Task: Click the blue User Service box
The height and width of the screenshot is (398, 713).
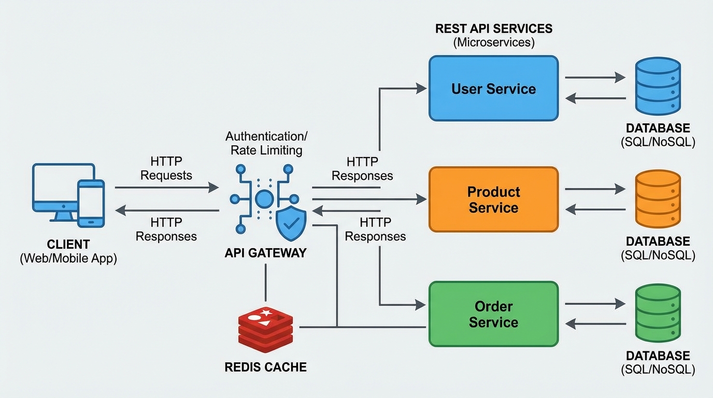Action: click(493, 89)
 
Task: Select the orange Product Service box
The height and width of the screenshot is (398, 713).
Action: click(493, 200)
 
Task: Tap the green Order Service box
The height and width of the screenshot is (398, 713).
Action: click(493, 314)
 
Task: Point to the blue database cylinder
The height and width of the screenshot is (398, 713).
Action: click(658, 86)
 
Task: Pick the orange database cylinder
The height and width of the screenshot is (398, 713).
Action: click(658, 199)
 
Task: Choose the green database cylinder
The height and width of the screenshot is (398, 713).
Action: click(658, 314)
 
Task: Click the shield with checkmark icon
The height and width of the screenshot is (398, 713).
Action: click(291, 223)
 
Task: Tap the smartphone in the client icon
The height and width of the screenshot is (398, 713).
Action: click(91, 204)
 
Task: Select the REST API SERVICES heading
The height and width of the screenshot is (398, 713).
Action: click(493, 29)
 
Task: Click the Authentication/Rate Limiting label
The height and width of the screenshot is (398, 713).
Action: click(266, 143)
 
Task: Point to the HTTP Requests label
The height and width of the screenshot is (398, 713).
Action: click(166, 168)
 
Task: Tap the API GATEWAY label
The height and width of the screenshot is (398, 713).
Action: click(265, 253)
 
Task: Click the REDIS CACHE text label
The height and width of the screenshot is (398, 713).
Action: click(265, 367)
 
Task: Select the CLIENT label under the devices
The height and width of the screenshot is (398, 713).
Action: click(68, 244)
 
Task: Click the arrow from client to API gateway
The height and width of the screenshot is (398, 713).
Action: click(166, 187)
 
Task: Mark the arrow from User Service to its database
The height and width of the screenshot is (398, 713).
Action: click(595, 78)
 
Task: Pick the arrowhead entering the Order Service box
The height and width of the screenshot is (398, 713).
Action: click(421, 305)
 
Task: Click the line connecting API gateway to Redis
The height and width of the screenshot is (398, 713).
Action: click(265, 282)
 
